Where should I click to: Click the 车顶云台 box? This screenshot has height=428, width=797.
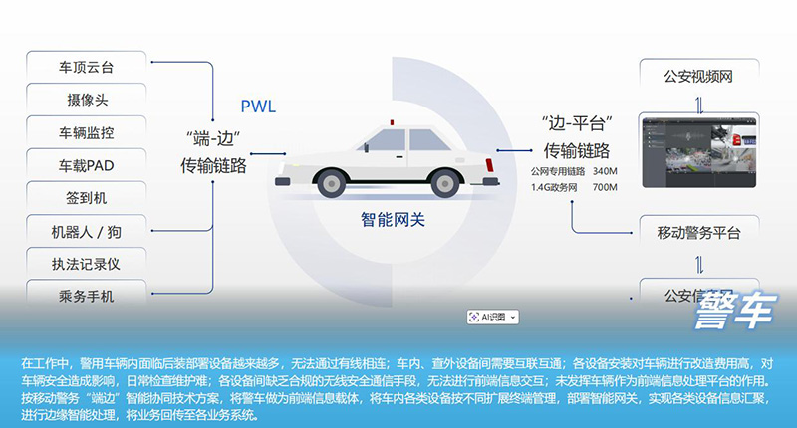click(87, 67)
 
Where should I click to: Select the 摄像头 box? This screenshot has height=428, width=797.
click(87, 100)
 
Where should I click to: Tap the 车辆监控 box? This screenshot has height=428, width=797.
click(87, 131)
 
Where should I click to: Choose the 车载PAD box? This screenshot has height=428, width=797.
click(87, 164)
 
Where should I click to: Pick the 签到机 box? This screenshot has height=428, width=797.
click(87, 197)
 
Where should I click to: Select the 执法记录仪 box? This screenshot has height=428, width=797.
click(87, 263)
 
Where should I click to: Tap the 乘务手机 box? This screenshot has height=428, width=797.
click(87, 295)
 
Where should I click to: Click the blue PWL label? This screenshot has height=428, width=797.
click(258, 107)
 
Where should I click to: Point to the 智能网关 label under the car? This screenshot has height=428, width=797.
click(392, 219)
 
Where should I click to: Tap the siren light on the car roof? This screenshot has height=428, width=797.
click(392, 124)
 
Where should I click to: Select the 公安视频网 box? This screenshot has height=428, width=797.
click(698, 75)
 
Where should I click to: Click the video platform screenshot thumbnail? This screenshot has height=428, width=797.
click(698, 151)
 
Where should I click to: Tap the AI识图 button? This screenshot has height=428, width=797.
click(493, 317)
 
